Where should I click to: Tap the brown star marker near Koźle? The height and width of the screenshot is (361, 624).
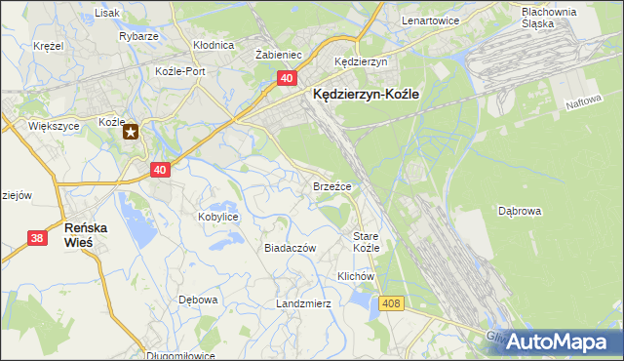click(130, 132)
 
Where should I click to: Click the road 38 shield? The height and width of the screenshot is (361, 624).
click(37, 237)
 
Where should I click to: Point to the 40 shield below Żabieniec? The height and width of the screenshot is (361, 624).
click(286, 77)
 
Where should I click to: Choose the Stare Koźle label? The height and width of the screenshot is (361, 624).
click(367, 242)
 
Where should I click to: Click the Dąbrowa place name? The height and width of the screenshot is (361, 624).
click(520, 210)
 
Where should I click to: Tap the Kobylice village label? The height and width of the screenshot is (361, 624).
click(218, 217)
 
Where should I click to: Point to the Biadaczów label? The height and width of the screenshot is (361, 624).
click(291, 248)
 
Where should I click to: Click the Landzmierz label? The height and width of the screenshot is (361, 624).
click(303, 303)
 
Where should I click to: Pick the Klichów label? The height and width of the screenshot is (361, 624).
click(356, 276)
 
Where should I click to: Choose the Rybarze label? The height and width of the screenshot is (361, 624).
click(139, 36)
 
